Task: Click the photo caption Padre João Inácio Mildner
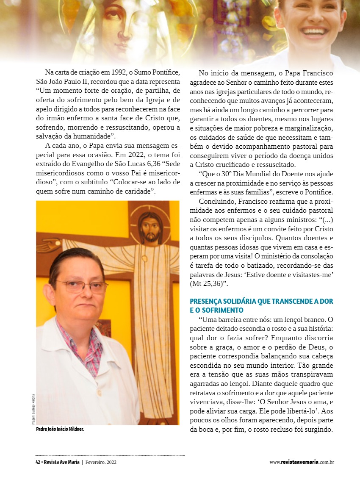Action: point(60,429)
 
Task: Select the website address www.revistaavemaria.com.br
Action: point(302,462)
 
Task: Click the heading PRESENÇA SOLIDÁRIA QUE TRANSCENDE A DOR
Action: point(261,302)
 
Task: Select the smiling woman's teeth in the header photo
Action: point(314,31)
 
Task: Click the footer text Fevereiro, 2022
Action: point(101,462)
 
